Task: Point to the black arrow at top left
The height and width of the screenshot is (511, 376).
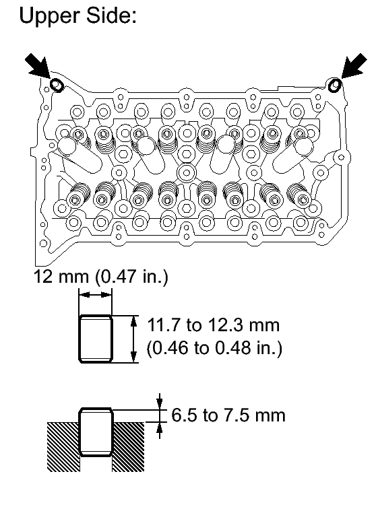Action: [38, 67]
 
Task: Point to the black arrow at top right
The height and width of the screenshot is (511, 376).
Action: [354, 66]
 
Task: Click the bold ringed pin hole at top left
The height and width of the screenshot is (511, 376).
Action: [57, 85]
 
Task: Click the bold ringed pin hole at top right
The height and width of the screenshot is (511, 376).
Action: [335, 86]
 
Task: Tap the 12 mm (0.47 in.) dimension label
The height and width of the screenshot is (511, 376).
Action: [101, 277]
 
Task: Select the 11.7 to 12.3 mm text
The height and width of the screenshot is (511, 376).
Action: [214, 325]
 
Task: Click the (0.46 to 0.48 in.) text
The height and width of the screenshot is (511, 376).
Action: [214, 348]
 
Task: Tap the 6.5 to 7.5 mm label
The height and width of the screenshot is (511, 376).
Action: [228, 415]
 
